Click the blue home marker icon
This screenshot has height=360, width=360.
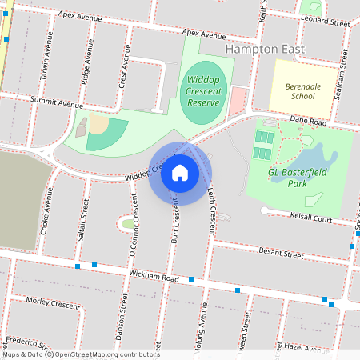tap(179, 173)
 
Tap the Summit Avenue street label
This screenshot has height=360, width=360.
tap(57, 103)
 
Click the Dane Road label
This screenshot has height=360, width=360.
tap(310, 122)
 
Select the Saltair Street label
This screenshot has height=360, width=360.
tap(84, 219)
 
